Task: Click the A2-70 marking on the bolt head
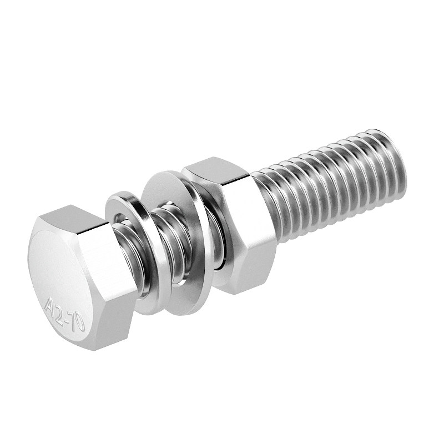[65, 314]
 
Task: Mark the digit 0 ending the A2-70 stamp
[80, 324]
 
